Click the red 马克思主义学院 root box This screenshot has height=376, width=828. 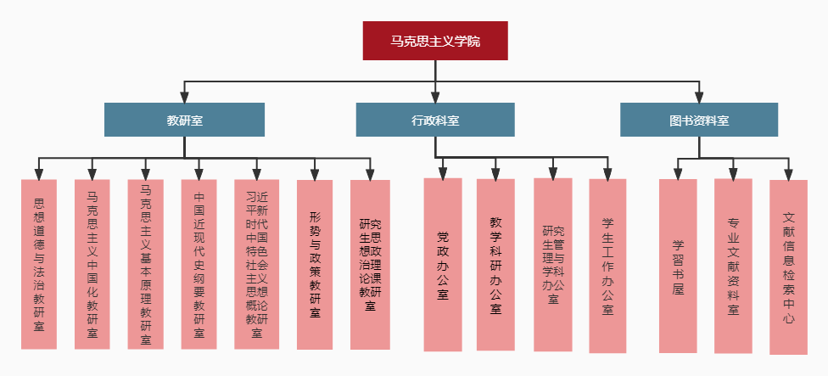click(434, 41)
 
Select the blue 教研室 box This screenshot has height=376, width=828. click(184, 120)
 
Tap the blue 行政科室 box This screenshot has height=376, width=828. click(434, 120)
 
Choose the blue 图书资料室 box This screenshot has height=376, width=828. click(699, 120)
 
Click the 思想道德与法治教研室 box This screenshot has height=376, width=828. click(39, 264)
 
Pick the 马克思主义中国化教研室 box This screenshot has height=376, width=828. click(92, 264)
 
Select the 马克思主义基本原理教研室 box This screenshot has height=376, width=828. click(146, 264)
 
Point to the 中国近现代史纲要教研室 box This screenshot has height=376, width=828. click(199, 264)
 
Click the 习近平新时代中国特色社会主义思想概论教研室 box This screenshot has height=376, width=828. click(256, 264)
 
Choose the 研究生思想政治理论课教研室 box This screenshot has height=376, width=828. click(370, 264)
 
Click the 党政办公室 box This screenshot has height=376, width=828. click(443, 264)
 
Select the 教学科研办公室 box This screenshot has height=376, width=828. click(495, 264)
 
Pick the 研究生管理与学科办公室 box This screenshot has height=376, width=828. click(553, 264)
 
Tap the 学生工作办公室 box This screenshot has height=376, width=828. click(607, 264)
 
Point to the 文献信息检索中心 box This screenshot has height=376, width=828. click(788, 267)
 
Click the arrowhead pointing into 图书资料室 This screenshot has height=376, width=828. click(699, 97)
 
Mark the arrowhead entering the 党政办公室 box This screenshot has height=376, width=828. click(443, 172)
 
